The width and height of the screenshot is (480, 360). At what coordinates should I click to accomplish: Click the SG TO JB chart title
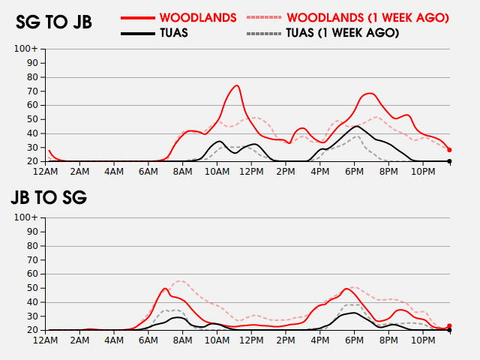tap(54, 22)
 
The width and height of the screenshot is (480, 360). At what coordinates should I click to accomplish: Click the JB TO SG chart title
tap(49, 197)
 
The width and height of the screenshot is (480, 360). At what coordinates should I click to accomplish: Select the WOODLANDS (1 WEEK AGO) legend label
tap(367, 18)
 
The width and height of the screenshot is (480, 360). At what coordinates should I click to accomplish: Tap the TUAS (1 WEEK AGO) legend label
tap(343, 33)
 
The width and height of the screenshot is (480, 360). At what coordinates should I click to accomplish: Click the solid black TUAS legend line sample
tap(138, 33)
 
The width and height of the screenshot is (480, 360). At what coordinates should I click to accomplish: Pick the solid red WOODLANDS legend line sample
tap(138, 18)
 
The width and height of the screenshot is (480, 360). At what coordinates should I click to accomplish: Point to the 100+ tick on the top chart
tap(26, 48)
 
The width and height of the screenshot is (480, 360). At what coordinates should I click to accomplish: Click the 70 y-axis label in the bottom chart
tap(32, 260)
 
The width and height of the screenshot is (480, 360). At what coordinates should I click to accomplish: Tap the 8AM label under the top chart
tap(182, 172)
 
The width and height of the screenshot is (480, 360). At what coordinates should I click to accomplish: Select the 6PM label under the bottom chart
tap(354, 340)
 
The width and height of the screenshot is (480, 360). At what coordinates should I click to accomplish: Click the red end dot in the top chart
tap(449, 150)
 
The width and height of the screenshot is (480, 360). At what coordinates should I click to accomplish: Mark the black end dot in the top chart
tap(449, 161)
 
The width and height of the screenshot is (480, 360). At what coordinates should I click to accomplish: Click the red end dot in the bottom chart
tap(449, 326)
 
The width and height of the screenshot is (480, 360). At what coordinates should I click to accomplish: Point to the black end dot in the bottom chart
tap(449, 330)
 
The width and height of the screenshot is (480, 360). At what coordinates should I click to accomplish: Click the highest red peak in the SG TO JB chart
tap(237, 85)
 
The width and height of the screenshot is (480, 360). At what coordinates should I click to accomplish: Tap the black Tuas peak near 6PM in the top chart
tap(357, 126)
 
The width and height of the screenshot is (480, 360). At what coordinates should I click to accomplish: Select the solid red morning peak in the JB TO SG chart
tap(165, 288)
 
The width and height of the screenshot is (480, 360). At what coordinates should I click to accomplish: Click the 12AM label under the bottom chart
tap(45, 340)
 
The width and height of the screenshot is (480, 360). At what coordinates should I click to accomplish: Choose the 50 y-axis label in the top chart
tap(32, 119)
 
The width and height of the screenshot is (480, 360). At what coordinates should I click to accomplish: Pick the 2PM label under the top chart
tap(286, 172)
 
